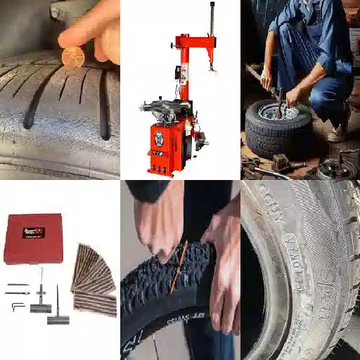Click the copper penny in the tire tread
tap(72, 57)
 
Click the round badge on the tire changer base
tap(158, 136)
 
